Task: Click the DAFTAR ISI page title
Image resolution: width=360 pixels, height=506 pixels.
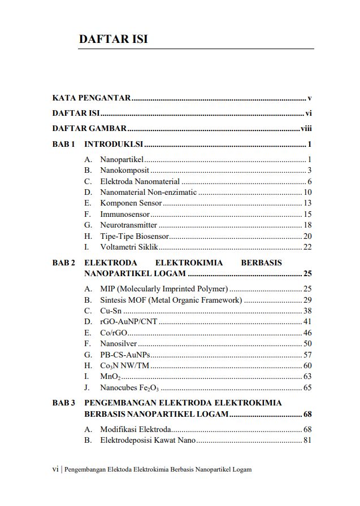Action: pyautogui.click(x=113, y=40)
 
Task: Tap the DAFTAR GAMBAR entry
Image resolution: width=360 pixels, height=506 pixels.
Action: pyautogui.click(x=89, y=128)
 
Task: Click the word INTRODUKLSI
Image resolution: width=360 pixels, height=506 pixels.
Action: pyautogui.click(x=114, y=144)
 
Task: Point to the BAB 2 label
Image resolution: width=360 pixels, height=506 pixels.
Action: pyautogui.click(x=63, y=263)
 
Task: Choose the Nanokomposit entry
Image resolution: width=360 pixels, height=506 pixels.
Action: pyautogui.click(x=124, y=171)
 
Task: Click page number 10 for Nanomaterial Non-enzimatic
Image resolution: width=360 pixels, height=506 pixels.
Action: pyautogui.click(x=307, y=193)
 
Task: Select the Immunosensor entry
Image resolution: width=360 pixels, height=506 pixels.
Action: pyautogui.click(x=125, y=214)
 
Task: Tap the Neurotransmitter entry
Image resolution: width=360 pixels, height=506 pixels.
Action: pyautogui.click(x=128, y=225)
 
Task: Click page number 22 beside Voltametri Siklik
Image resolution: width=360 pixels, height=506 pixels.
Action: pyautogui.click(x=307, y=247)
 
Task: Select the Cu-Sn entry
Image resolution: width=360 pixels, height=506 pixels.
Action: pyautogui.click(x=111, y=311)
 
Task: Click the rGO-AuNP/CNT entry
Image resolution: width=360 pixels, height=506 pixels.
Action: pyautogui.click(x=128, y=322)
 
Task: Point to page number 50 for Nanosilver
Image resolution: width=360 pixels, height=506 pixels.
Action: pyautogui.click(x=307, y=343)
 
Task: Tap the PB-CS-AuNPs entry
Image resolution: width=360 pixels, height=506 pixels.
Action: pyautogui.click(x=124, y=355)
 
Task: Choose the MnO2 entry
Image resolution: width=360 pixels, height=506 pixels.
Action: pyautogui.click(x=109, y=376)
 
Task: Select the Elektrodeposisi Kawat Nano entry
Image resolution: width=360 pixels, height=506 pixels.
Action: pyautogui.click(x=148, y=440)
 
